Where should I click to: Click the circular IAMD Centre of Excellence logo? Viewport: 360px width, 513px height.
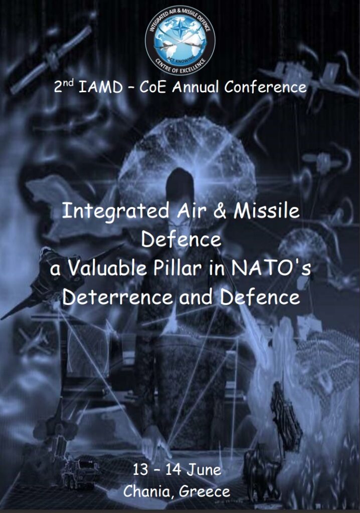[x=180, y=40]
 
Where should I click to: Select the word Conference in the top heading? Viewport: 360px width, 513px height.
[x=265, y=87]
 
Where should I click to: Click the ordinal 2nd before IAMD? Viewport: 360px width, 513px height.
[x=64, y=86]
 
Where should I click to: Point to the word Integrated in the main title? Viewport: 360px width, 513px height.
[x=116, y=211]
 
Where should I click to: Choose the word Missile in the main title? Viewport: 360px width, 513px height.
[x=267, y=210]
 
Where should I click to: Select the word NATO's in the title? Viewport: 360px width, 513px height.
[x=271, y=269]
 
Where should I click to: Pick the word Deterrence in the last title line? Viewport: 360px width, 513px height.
[x=118, y=297]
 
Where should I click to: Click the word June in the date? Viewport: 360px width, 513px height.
[x=204, y=470]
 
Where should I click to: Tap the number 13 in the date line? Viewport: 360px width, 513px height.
[x=140, y=470]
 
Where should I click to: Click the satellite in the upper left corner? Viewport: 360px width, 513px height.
[x=51, y=60]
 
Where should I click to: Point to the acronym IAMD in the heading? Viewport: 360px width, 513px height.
[x=101, y=87]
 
